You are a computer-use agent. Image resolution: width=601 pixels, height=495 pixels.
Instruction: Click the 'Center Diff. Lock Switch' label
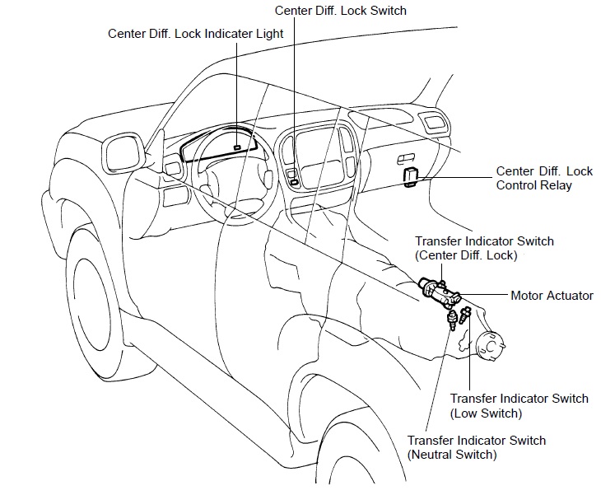341,11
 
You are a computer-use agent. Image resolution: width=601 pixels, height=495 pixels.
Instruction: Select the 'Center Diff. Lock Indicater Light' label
196,34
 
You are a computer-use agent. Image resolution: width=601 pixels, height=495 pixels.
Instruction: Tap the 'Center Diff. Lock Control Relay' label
544,178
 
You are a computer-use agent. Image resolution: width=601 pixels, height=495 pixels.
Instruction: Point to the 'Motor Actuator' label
552,295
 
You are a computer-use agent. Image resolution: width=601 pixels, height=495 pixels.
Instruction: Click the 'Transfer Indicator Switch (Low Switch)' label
519,405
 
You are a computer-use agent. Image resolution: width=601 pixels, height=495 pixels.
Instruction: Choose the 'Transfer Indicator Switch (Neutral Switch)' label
476,446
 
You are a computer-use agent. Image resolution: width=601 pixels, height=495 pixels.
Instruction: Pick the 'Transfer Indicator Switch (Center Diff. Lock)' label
484,248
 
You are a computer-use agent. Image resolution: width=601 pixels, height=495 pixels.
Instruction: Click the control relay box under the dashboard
412,176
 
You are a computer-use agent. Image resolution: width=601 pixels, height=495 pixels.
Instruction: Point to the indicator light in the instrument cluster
237,147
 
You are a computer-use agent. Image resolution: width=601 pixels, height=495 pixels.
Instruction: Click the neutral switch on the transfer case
451,319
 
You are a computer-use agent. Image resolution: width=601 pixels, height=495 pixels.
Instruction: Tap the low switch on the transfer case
467,314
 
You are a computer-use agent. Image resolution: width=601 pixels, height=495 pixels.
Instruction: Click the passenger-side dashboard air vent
434,124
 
